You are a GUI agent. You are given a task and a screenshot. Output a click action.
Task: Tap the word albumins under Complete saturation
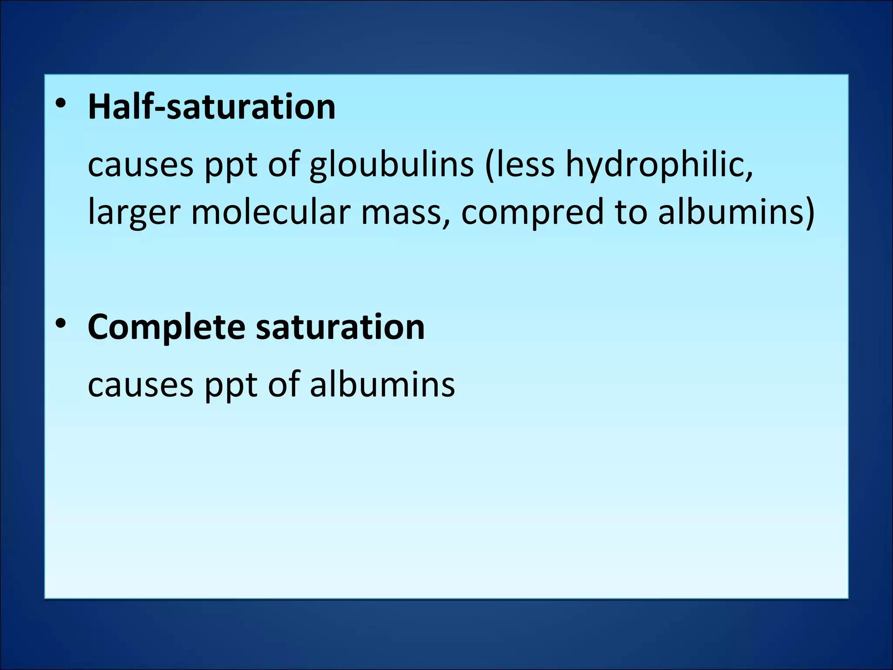[382, 385]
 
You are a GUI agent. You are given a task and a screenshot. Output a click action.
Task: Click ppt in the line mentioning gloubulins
[231, 166]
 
